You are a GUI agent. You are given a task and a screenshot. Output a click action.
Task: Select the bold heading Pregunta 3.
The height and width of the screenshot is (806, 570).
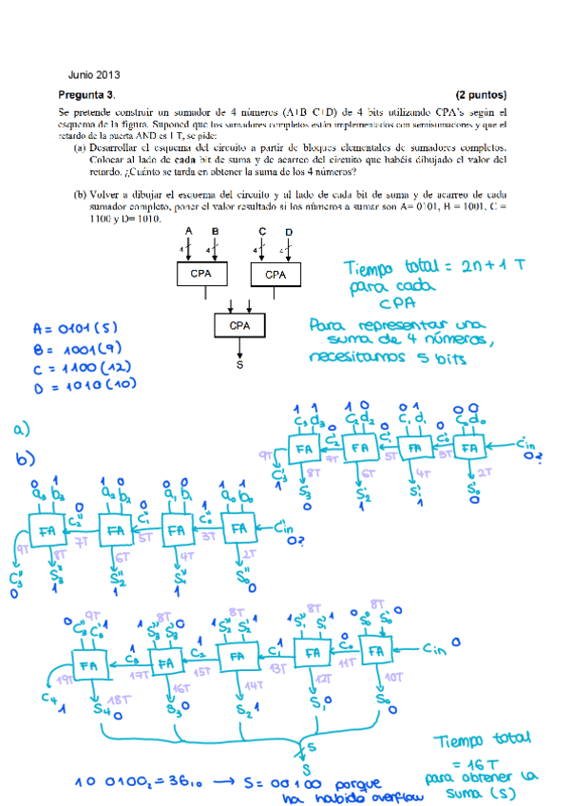[86, 95]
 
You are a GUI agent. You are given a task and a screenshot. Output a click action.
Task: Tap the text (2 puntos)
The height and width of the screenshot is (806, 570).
[481, 95]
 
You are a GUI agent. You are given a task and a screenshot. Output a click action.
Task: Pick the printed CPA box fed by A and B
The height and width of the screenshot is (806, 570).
[200, 275]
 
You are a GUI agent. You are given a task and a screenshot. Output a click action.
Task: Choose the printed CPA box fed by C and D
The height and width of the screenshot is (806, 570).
[275, 275]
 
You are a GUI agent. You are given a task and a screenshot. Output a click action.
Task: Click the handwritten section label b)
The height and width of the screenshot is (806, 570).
[26, 460]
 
